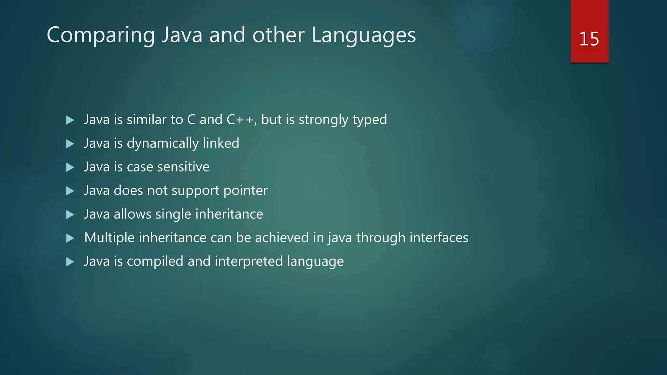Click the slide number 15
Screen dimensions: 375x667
click(x=589, y=39)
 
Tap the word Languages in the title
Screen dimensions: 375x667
click(x=363, y=35)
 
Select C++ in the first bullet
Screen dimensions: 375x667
click(x=240, y=120)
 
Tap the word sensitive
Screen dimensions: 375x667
click(x=183, y=167)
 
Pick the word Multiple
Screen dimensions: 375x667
click(x=109, y=238)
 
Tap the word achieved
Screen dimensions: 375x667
click(x=282, y=238)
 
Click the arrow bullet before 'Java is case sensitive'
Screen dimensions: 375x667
click(x=70, y=167)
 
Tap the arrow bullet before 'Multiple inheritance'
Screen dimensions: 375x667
click(x=70, y=238)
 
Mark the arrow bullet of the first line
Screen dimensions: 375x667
click(x=70, y=120)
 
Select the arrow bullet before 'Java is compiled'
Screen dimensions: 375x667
click(x=70, y=262)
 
